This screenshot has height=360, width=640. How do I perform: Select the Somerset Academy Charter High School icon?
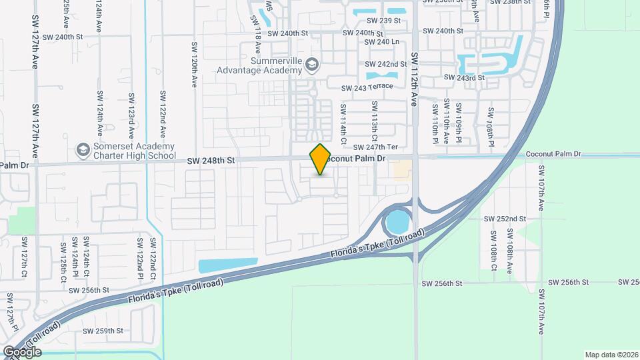83,147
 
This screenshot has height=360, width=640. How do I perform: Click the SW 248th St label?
211,160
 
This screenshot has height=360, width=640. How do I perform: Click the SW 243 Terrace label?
367,87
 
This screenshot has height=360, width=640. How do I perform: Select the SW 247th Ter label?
375,147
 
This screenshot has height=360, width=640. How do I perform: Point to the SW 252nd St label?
505,219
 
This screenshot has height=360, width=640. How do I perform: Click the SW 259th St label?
103,331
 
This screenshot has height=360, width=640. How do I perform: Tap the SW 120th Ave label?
195,65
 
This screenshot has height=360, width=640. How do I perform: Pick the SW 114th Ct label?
343,123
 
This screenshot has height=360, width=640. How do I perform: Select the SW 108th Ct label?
494,251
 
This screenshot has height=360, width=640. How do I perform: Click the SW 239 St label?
383,21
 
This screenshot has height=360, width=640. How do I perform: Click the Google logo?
22,351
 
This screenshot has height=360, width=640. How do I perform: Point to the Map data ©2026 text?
610,355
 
